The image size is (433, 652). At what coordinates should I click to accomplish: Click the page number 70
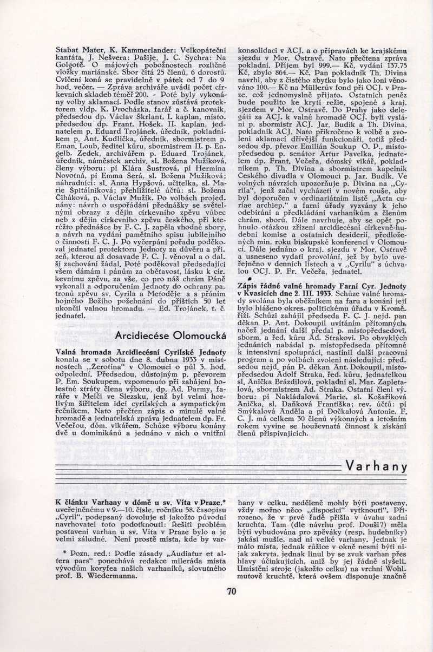[x=232, y=591]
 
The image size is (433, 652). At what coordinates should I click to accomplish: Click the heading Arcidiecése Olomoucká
[x=170, y=335]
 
